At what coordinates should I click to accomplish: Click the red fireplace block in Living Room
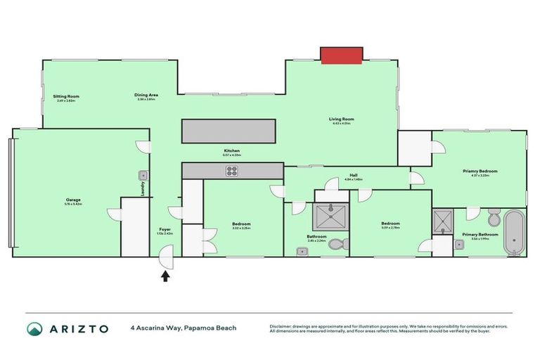pyautogui.click(x=341, y=56)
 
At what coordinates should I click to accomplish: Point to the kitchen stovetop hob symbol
pyautogui.click(x=232, y=171)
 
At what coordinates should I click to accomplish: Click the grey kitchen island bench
pyautogui.click(x=229, y=131)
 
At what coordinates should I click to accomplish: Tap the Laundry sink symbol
pyautogui.click(x=143, y=174)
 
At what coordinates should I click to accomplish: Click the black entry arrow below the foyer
pyautogui.click(x=166, y=276)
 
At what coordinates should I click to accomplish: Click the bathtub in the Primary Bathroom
pyautogui.click(x=515, y=232)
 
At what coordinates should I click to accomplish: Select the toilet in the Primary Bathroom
pyautogui.click(x=493, y=215)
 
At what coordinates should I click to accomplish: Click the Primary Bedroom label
pyautogui.click(x=480, y=171)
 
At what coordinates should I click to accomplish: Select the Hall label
pyautogui.click(x=354, y=176)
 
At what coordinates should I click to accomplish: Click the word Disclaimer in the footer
pyautogui.click(x=281, y=325)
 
